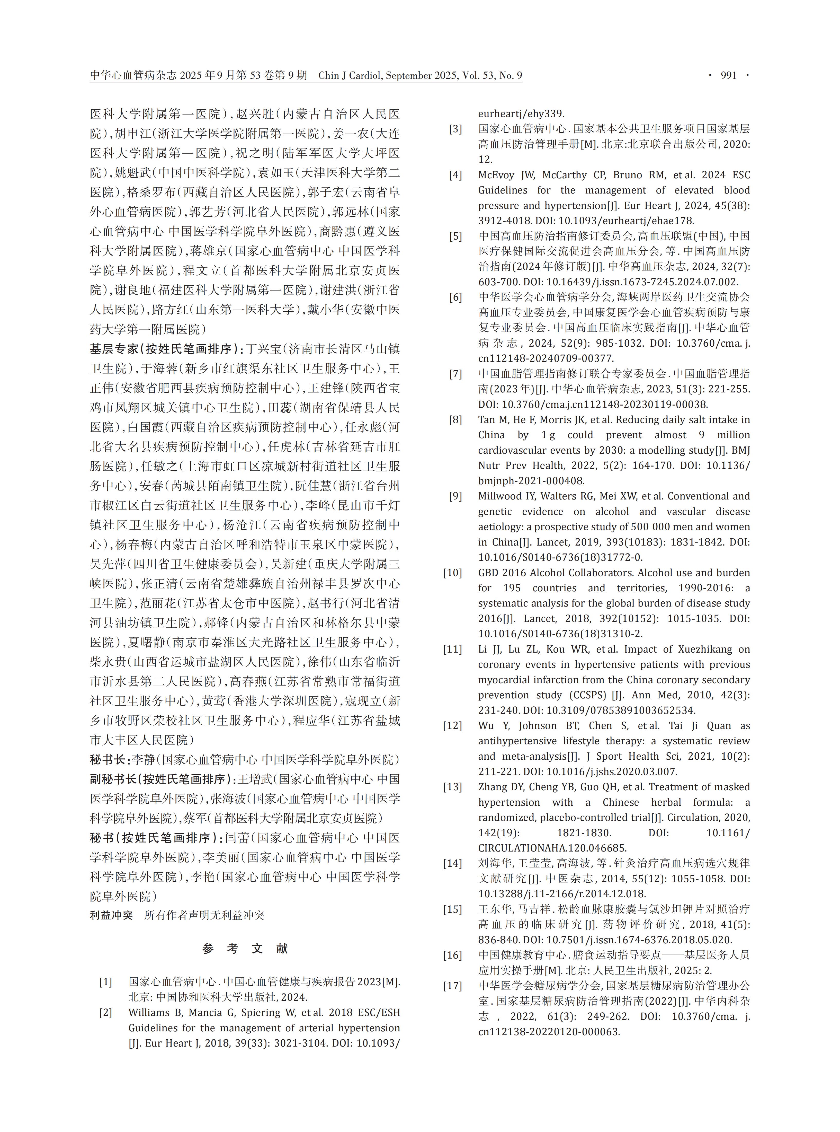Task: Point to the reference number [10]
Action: click(x=453, y=573)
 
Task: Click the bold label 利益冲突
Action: click(x=111, y=915)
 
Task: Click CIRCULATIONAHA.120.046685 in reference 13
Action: click(x=552, y=848)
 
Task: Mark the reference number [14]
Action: click(x=453, y=863)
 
